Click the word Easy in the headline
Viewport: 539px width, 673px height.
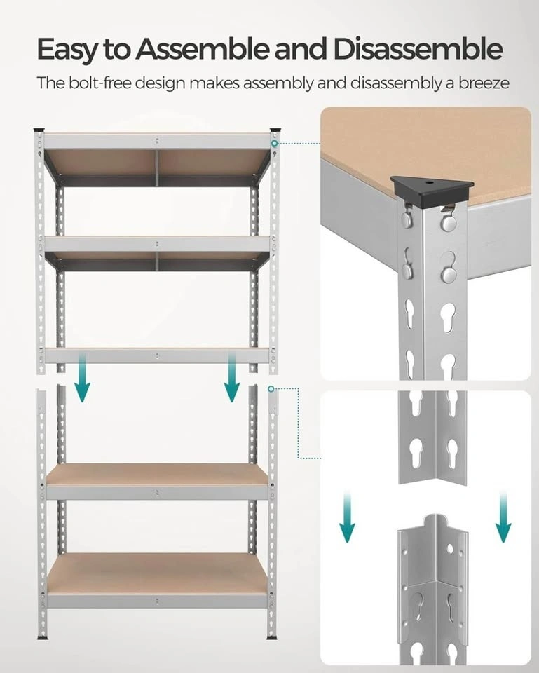[68, 49]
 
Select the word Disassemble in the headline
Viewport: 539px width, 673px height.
[418, 48]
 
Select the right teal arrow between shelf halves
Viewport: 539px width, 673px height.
[232, 378]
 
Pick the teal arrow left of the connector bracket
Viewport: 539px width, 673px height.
[347, 517]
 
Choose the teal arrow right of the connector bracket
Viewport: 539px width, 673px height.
[503, 517]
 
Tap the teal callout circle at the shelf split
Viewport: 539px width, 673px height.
[271, 389]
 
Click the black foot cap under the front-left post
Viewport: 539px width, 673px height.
[43, 638]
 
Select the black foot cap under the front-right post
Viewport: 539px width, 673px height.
[272, 637]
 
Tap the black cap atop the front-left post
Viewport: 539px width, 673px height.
[39, 130]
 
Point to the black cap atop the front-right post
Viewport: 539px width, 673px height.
[275, 130]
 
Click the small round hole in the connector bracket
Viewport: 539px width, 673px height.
[450, 548]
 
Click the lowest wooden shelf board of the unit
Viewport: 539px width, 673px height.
[157, 573]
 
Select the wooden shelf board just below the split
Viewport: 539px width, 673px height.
[157, 475]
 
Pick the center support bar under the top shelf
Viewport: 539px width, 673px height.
[157, 168]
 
